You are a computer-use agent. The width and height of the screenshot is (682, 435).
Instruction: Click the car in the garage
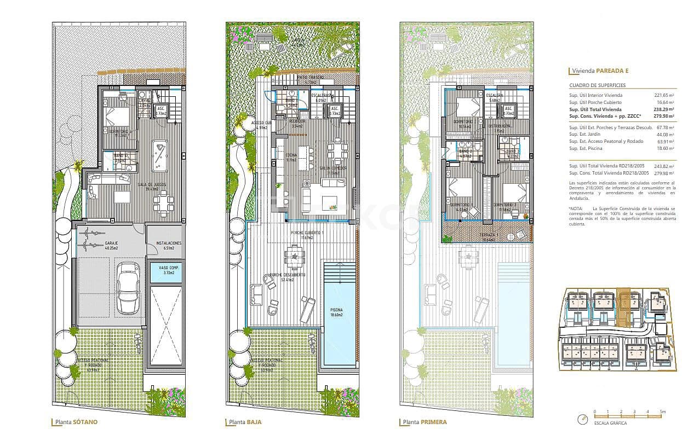129,288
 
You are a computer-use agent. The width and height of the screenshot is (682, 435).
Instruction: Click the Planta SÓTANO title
76,422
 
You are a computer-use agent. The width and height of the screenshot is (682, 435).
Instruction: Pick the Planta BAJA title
245,422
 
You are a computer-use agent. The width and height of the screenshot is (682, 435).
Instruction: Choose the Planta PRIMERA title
425,422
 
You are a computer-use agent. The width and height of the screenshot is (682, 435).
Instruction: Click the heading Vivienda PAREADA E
600,71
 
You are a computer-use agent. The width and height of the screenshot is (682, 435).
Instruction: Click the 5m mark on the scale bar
662,411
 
